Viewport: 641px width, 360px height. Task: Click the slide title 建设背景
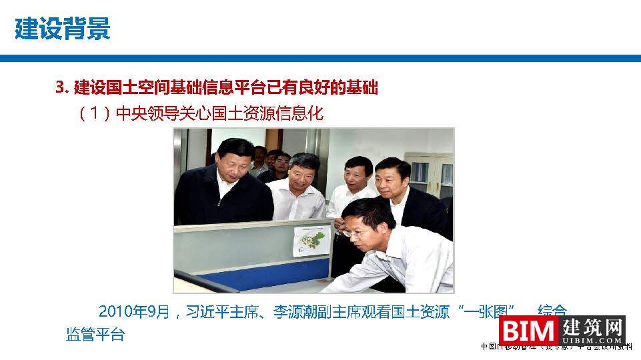click(62, 29)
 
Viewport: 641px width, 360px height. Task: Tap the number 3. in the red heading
click(63, 87)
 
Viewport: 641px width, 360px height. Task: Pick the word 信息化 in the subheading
click(300, 114)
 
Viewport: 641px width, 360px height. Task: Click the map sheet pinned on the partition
click(311, 241)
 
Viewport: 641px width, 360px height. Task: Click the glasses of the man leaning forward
click(354, 233)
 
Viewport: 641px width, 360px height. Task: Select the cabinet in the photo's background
click(428, 177)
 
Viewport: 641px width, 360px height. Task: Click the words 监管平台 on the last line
click(95, 335)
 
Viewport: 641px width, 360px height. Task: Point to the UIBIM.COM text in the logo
click(592, 340)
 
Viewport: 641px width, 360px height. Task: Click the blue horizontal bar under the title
click(320, 59)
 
